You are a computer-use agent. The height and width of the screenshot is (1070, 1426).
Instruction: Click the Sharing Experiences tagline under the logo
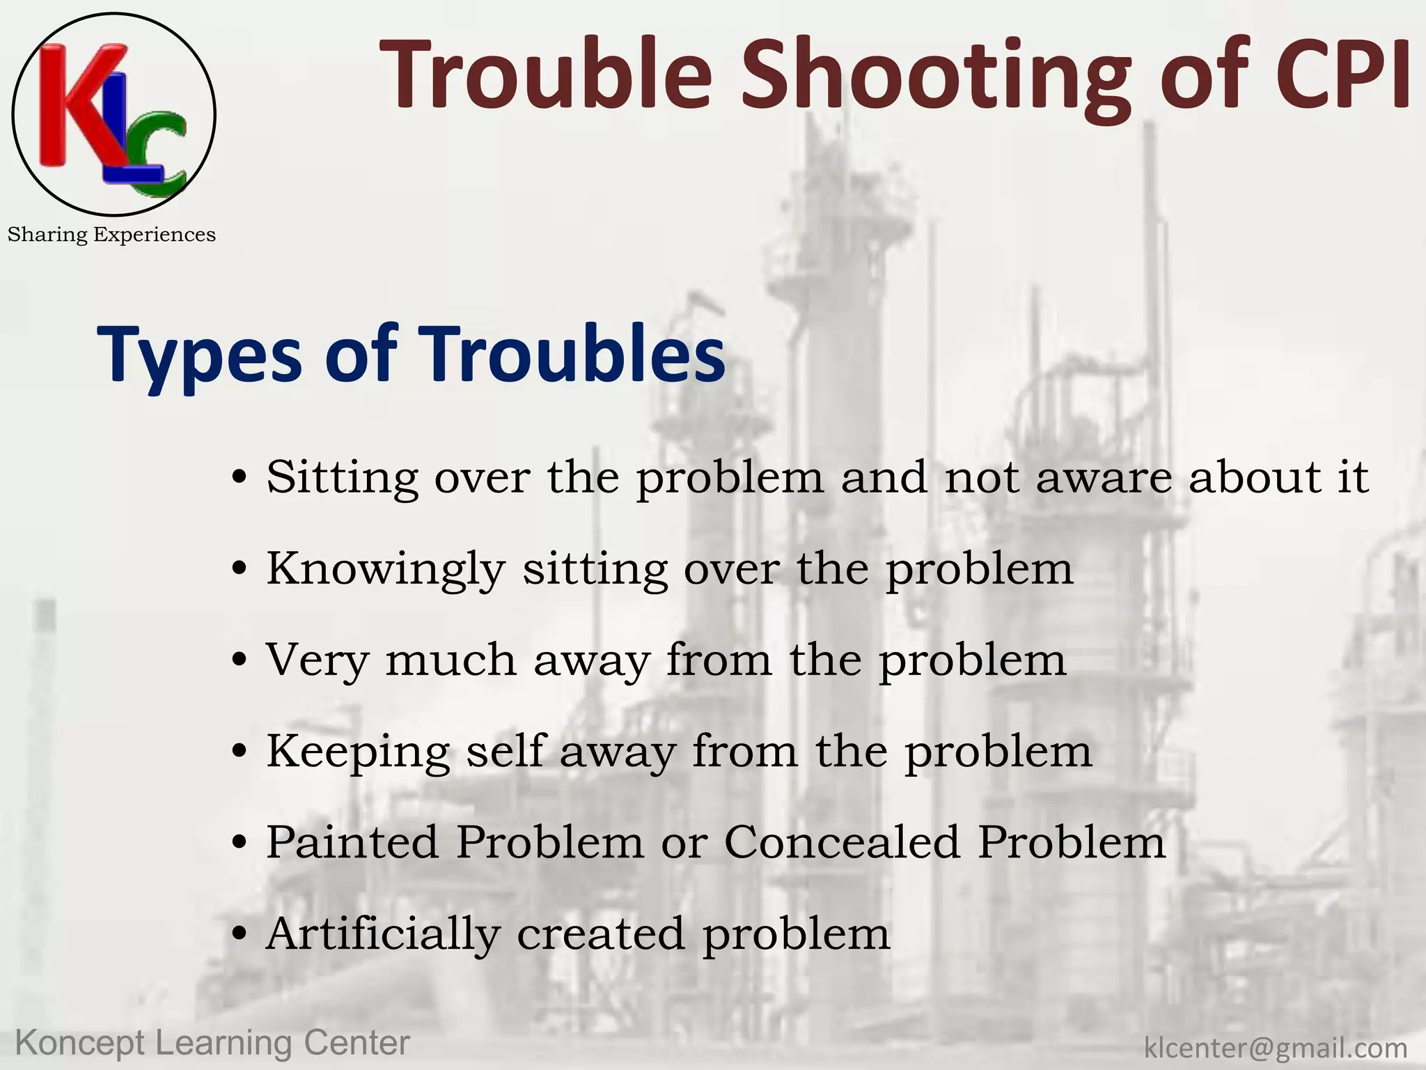(111, 235)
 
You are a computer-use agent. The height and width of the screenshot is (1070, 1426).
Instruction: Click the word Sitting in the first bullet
(342, 479)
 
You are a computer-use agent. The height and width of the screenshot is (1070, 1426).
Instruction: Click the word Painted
(352, 842)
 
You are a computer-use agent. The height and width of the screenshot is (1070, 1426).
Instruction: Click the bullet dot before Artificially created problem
(240, 935)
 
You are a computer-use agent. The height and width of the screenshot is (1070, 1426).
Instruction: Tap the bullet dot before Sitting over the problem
(240, 479)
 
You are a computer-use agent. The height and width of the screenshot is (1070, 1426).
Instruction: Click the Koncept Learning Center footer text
(212, 1043)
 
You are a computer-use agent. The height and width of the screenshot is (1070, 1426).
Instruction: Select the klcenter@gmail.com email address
(1276, 1048)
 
